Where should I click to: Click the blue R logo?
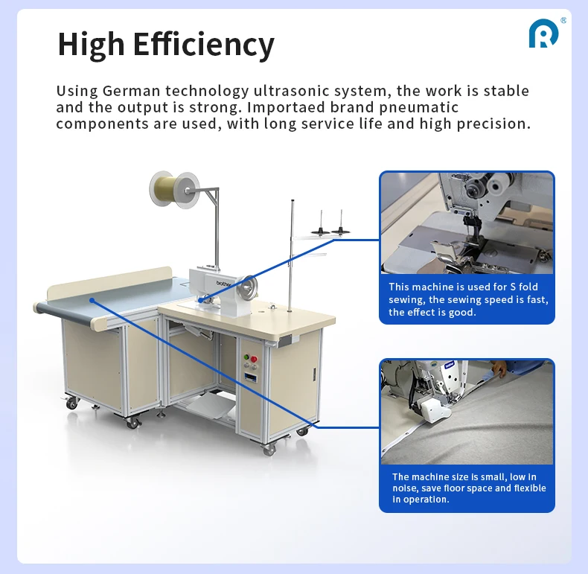(543, 34)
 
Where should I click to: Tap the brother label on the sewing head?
(224, 284)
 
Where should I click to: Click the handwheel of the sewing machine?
(249, 287)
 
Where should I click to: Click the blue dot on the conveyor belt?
(91, 300)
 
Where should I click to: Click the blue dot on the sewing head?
(200, 300)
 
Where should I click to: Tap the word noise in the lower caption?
(405, 488)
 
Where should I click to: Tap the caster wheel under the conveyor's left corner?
(72, 403)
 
